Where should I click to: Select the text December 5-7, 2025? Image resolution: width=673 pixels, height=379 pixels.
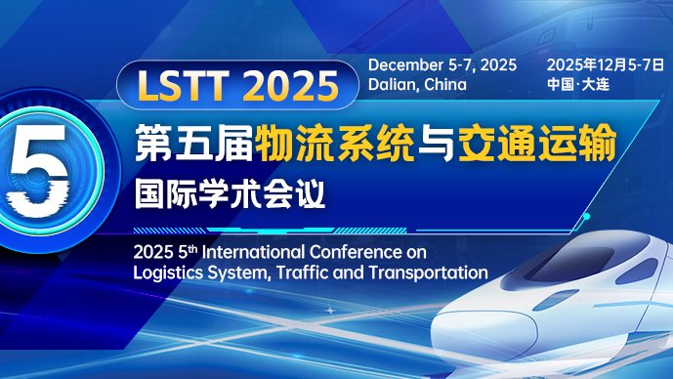442,64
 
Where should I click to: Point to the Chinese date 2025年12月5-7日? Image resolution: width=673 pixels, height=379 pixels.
605,64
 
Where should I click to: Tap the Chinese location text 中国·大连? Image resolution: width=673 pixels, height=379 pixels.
579,84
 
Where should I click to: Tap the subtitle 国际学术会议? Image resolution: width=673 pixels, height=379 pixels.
231,190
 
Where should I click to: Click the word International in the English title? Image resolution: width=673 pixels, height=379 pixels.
253,251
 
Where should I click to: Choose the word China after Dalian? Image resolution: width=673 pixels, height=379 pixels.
445,84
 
